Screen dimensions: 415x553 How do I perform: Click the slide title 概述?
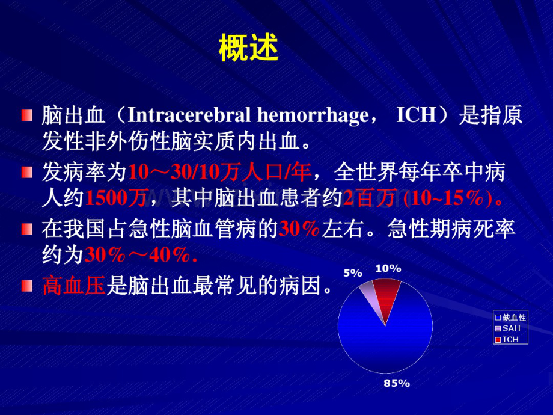pos(248,49)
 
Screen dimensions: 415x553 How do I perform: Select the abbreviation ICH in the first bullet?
pos(416,115)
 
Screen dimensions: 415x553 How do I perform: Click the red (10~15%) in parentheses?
pos(454,198)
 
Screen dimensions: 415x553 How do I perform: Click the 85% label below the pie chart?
pos(397,383)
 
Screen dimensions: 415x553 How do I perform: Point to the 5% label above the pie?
pos(353,273)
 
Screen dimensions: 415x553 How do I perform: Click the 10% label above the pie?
pos(388,269)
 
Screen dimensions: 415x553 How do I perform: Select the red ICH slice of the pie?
pos(388,295)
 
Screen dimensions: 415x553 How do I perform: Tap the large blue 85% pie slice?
pos(385,343)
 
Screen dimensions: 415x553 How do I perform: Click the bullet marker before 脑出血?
pos(27,115)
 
